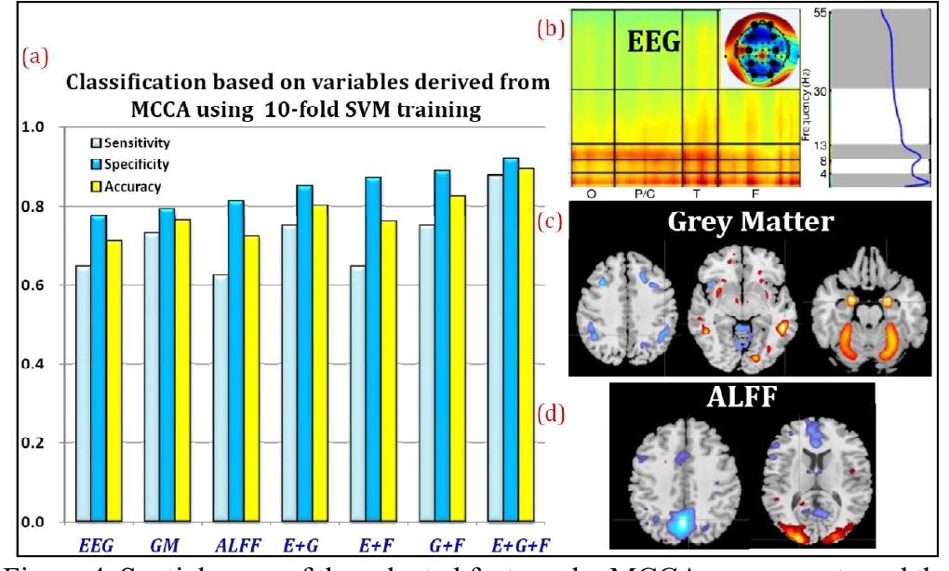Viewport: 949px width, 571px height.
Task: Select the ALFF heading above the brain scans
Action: [742, 399]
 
